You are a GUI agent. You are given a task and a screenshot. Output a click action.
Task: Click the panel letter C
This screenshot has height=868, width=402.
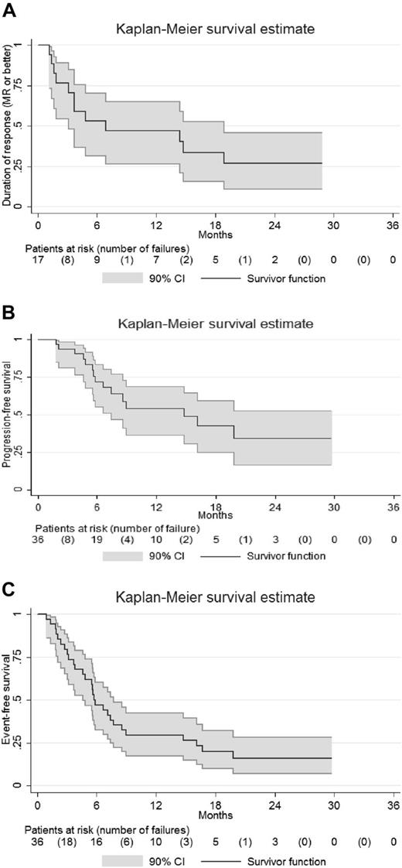pyautogui.click(x=10, y=576)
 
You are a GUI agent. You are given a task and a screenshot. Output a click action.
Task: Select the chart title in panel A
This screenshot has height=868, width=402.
pyautogui.click(x=215, y=29)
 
